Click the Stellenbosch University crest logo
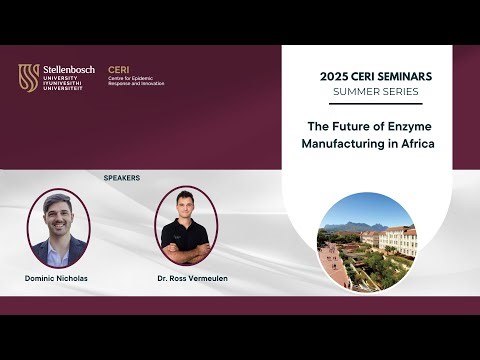29,77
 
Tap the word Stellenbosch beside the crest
69,69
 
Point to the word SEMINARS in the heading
403,75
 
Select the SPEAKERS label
122,177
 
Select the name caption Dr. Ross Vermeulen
186,276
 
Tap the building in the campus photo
398,240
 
